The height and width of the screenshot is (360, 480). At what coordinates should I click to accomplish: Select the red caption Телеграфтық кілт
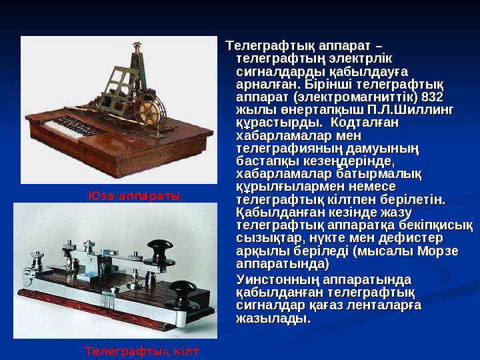(142, 350)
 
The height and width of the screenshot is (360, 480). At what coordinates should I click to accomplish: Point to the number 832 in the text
(433, 96)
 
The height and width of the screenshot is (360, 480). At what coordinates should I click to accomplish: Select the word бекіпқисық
(436, 225)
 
